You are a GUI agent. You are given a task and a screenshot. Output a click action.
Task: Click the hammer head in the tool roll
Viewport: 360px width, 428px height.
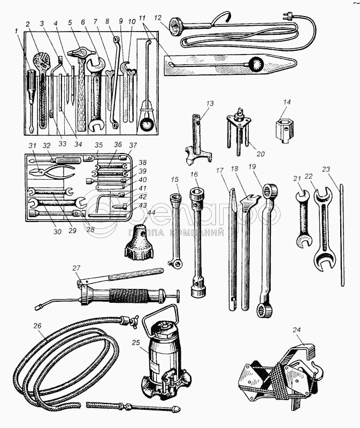click(x=79, y=52)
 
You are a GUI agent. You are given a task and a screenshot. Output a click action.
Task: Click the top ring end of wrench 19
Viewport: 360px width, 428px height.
click(x=271, y=190)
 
